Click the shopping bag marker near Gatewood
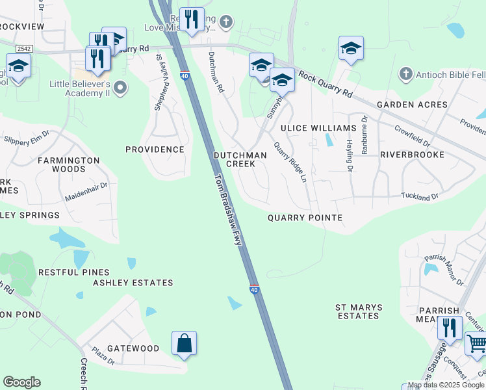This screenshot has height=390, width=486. click(184, 343)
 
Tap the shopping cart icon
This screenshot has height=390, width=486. click(476, 343)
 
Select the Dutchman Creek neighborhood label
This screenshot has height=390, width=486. click(240, 159)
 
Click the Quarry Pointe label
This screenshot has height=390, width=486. click(305, 218)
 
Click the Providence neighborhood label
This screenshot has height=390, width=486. click(155, 149)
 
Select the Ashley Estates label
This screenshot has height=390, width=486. click(133, 283)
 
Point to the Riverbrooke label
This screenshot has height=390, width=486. click(412, 155)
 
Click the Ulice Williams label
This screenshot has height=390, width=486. click(323, 128)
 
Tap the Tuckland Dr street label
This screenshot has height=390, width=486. click(420, 195)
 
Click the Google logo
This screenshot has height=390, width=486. click(21, 382)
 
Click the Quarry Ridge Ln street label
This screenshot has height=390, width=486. click(290, 162)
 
